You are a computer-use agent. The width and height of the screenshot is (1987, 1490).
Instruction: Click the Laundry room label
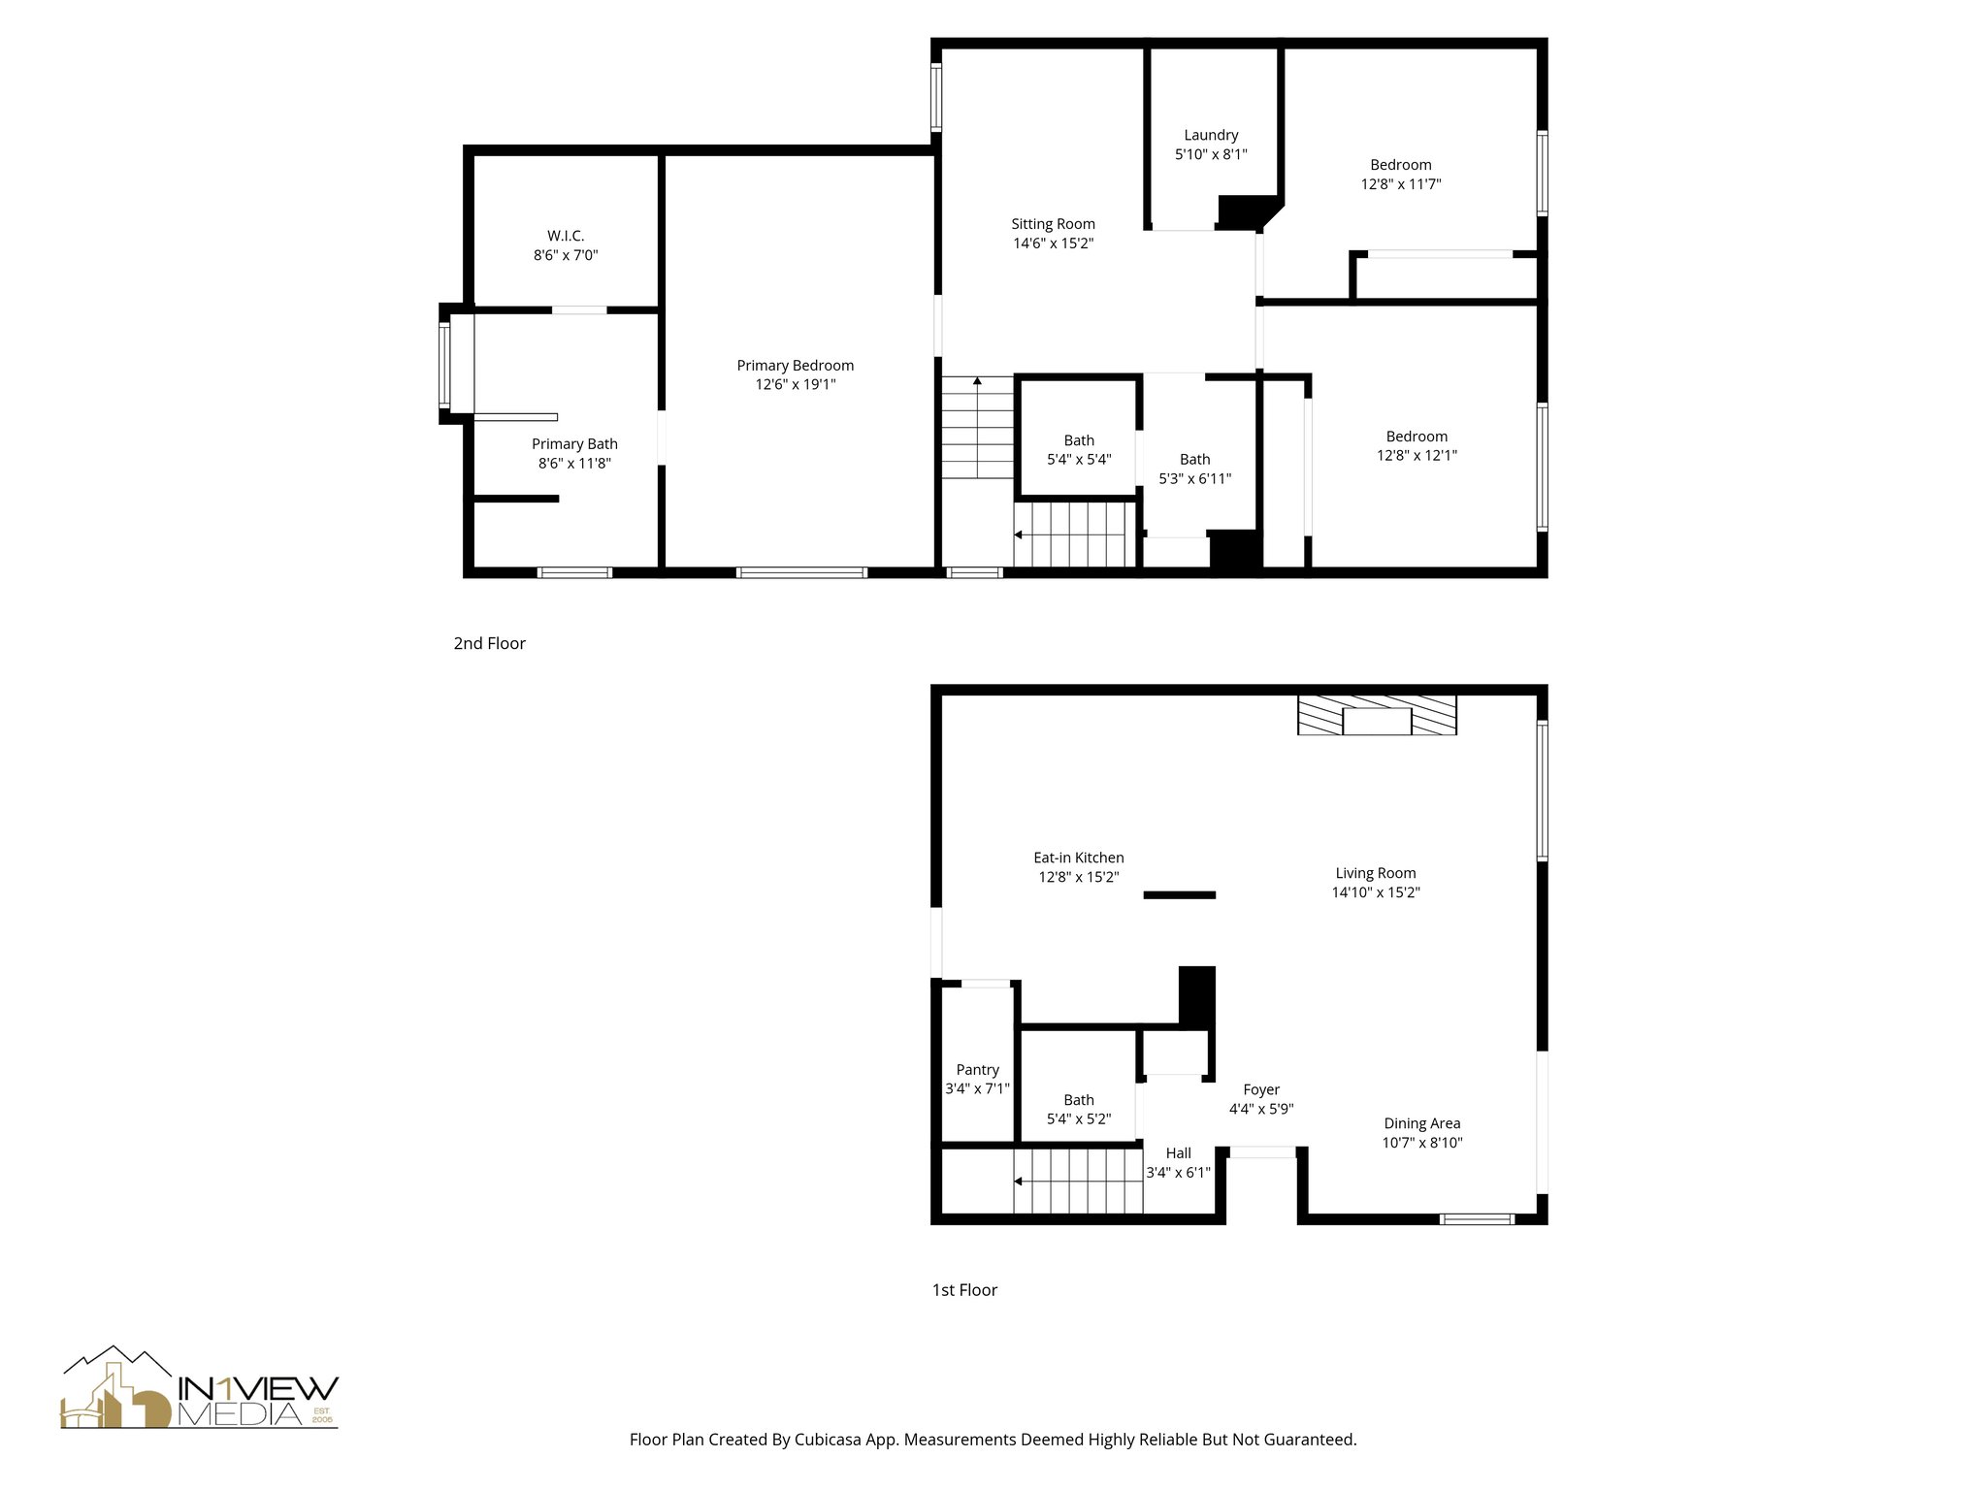1211,135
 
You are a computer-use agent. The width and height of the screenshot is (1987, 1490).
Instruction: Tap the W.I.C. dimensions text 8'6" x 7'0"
566,255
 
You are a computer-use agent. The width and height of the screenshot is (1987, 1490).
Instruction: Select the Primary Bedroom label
795,366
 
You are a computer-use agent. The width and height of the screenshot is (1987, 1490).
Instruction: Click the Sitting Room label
1053,224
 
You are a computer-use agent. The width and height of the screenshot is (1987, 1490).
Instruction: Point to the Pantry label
977,1070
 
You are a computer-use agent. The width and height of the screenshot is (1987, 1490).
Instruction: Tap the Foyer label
1261,1089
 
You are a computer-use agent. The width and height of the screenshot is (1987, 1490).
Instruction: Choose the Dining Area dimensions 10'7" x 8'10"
1421,1143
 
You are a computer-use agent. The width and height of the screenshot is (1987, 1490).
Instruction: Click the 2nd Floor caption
489,643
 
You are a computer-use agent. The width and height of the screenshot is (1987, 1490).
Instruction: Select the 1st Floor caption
964,1290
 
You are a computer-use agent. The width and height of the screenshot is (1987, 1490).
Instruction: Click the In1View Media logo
199,1389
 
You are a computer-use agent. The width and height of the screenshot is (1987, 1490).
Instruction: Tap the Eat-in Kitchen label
1078,858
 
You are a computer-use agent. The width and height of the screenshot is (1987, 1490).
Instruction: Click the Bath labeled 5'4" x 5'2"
1078,1110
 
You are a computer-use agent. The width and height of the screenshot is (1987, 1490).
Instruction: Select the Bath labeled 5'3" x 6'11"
1194,469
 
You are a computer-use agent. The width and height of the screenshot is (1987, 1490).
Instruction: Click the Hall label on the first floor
1178,1153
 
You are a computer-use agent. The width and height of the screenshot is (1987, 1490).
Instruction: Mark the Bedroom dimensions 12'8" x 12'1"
1417,455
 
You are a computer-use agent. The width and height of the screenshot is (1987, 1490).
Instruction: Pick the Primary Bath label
574,444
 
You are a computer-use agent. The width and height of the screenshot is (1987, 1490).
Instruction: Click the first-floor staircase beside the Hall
1077,1181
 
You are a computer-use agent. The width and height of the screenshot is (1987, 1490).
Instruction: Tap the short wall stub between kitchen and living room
1179,894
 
